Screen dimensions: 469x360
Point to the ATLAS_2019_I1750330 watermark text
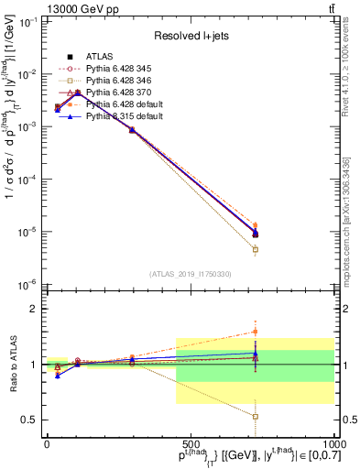pyautogui.click(x=190, y=274)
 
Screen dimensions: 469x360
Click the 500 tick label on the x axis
pyautogui.click(x=190, y=444)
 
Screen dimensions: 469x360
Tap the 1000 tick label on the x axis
pyautogui.click(x=331, y=444)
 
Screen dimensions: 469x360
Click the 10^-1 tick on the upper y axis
pyautogui.click(x=29, y=21)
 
